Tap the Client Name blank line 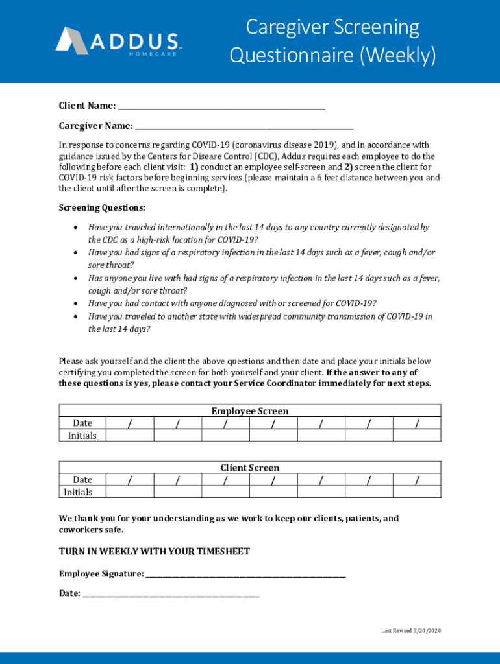(x=221, y=108)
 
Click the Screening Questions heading (x=102, y=208)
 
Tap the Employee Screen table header (x=249, y=411)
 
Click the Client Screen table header (x=249, y=468)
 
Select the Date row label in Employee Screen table (x=82, y=423)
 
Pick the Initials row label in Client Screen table (x=78, y=492)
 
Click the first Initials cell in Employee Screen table (x=130, y=435)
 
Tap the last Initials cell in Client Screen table (x=416, y=492)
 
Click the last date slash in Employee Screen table (x=416, y=423)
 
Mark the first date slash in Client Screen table (x=130, y=480)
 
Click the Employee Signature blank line (x=246, y=575)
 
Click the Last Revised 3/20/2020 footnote (x=410, y=631)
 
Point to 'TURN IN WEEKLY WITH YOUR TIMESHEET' (x=155, y=552)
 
